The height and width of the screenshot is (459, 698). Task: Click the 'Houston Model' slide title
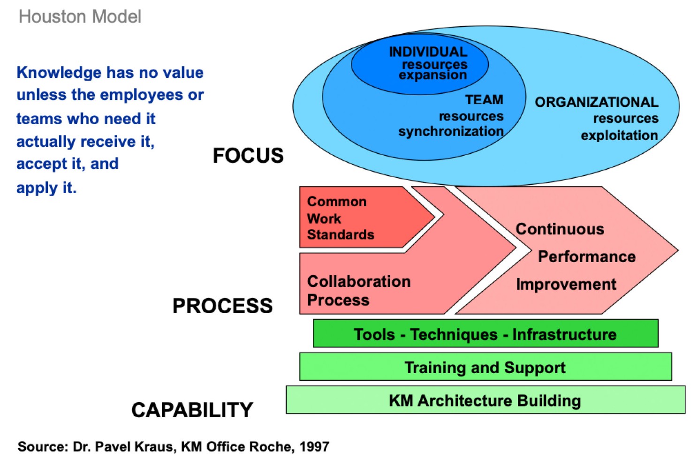(80, 16)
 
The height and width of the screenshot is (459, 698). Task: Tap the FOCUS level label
(248, 155)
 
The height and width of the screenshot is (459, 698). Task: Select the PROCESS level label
(222, 306)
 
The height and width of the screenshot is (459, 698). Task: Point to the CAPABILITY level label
(192, 410)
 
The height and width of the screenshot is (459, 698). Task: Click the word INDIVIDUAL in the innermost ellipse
(428, 52)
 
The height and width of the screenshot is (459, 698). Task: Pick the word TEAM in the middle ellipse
(484, 100)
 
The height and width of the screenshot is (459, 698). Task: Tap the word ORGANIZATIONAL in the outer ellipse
(597, 102)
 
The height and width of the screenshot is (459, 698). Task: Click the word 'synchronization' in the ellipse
(451, 131)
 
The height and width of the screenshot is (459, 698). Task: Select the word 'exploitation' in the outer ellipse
(620, 136)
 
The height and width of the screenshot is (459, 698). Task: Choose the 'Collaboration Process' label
(359, 291)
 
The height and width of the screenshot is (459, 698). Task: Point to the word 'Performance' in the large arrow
(587, 257)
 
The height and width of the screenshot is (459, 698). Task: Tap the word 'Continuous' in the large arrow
(560, 229)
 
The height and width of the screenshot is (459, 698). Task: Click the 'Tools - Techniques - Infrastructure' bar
(486, 333)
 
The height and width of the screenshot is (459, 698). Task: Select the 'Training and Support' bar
(486, 367)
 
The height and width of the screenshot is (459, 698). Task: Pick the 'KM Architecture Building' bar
(486, 400)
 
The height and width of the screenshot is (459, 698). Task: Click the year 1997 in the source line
(314, 447)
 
